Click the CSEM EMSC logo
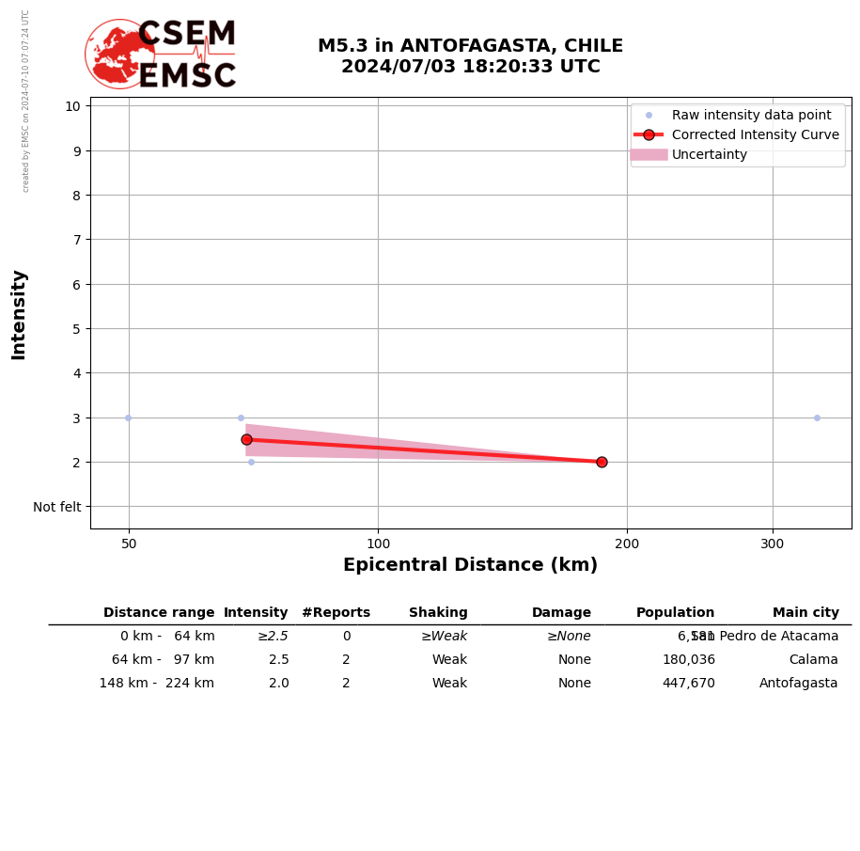point(161,55)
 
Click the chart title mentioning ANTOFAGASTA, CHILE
point(470,56)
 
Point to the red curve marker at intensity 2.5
point(246,439)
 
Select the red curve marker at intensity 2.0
point(602,462)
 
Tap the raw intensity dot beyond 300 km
point(817,418)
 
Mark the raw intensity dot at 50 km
point(128,418)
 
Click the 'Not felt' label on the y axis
point(57,507)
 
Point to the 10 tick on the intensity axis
point(72,106)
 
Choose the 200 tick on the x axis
point(627,543)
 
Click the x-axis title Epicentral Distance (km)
point(470,565)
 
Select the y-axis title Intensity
point(19,314)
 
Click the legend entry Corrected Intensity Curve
point(755,134)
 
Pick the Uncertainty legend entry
point(710,154)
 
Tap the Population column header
point(675,613)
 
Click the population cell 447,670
point(688,684)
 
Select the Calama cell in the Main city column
point(813,660)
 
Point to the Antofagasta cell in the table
point(798,684)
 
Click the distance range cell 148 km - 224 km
point(157,684)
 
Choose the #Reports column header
point(336,613)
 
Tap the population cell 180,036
point(688,660)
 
